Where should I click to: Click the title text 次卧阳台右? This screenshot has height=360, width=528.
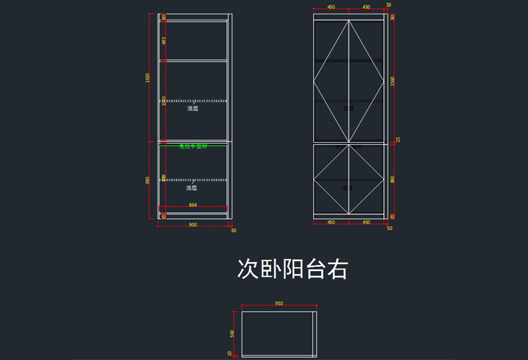[293, 269]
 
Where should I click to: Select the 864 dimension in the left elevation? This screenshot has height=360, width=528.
[192, 205]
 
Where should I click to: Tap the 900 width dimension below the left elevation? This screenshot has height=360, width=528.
[192, 225]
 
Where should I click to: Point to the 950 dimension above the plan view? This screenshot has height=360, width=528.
[278, 303]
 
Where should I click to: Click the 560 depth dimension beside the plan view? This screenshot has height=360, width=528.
[232, 333]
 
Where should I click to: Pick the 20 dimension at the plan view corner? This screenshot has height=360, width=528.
[230, 352]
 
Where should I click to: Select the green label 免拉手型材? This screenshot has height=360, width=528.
[192, 146]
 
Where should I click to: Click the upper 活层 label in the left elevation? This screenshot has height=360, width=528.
[192, 109]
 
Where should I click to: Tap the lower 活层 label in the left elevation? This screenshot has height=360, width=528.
[192, 187]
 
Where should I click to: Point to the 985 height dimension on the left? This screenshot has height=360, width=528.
[149, 180]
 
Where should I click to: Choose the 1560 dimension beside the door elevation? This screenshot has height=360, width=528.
[393, 80]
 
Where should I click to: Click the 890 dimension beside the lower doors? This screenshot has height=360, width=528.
[393, 180]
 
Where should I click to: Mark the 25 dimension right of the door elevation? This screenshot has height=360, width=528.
[398, 139]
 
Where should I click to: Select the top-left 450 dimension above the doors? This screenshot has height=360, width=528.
[331, 7]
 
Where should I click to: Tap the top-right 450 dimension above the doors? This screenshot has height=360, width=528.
[367, 7]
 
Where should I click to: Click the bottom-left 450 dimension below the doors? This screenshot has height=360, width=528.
[331, 223]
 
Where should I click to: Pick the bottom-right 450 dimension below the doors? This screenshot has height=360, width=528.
[367, 223]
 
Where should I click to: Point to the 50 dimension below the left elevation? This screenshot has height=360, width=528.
[233, 230]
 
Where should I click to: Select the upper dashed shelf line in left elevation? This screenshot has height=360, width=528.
[192, 100]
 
